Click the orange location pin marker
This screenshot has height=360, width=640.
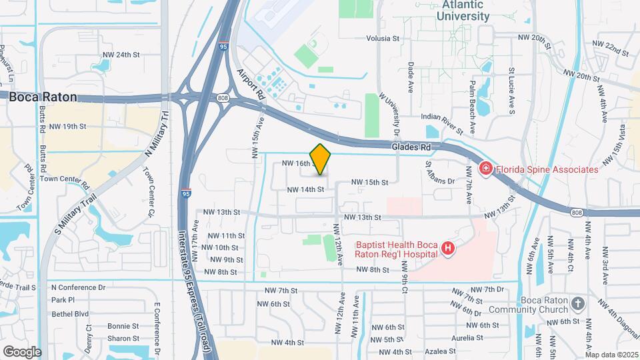coord(321,159)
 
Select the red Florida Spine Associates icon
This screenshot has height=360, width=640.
coord(485,169)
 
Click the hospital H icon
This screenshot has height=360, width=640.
coord(448,249)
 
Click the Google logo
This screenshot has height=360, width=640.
coord(22,351)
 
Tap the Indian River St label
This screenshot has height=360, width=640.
coord(442,117)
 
